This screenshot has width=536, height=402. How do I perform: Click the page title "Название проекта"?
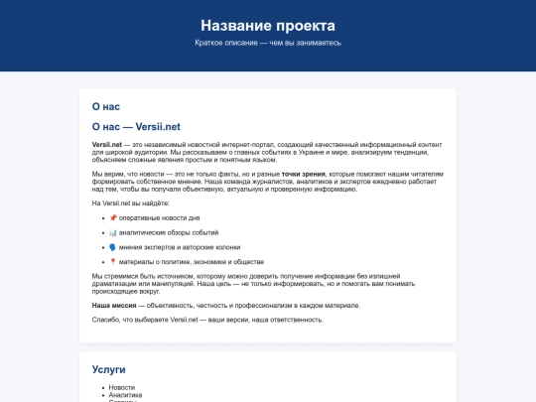[x=267, y=25]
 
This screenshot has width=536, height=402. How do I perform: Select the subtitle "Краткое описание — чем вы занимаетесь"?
[x=267, y=43]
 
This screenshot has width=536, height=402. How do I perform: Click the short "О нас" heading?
[x=105, y=105]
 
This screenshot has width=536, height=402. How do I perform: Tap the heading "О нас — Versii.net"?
[x=136, y=126]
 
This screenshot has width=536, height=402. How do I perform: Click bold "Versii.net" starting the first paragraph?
[x=106, y=145]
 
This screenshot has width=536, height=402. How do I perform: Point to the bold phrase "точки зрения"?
[x=303, y=174]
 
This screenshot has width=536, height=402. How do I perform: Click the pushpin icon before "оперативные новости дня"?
[x=112, y=217]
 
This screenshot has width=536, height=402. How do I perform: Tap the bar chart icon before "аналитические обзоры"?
[x=112, y=231]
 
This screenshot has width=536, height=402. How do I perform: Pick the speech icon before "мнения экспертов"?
[x=112, y=246]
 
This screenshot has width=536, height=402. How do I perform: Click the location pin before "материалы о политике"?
[x=112, y=260]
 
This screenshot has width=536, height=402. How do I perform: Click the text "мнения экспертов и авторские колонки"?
[x=180, y=246]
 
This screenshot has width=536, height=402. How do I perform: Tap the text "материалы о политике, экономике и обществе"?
[x=192, y=260]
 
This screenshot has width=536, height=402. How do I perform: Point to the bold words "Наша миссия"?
[x=113, y=306]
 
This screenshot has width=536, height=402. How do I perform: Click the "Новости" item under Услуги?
[x=122, y=387]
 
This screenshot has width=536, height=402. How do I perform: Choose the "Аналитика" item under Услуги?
[x=126, y=394]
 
